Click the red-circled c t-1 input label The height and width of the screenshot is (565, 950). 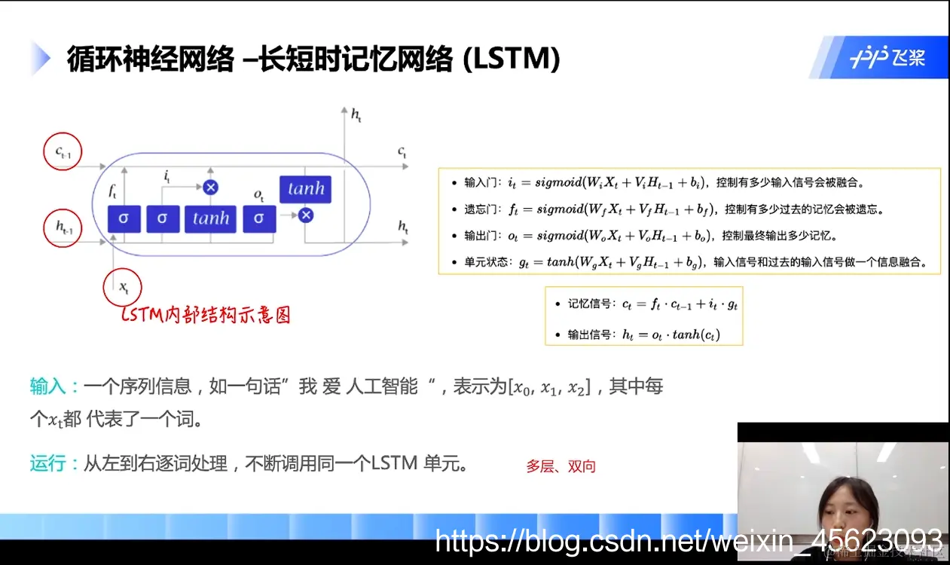(x=63, y=153)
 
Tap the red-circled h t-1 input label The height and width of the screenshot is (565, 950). (x=64, y=228)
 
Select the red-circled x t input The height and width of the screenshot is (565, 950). (x=123, y=287)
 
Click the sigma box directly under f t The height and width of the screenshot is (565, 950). (x=124, y=218)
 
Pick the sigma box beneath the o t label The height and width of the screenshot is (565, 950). (x=259, y=218)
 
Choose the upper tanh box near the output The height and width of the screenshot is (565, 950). (x=305, y=189)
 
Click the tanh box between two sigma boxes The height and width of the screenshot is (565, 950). (x=210, y=218)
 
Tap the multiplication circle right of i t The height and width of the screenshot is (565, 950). (x=210, y=187)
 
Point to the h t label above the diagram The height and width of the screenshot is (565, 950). (x=356, y=115)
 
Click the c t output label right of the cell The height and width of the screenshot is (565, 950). (x=402, y=153)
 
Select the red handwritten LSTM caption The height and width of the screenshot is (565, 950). (x=206, y=315)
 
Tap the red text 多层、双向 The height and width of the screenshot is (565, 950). (x=561, y=466)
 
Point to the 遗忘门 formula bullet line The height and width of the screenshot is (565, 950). (x=678, y=209)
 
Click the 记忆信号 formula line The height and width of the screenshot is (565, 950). (x=643, y=304)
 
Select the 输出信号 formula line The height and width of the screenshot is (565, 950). (x=643, y=334)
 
